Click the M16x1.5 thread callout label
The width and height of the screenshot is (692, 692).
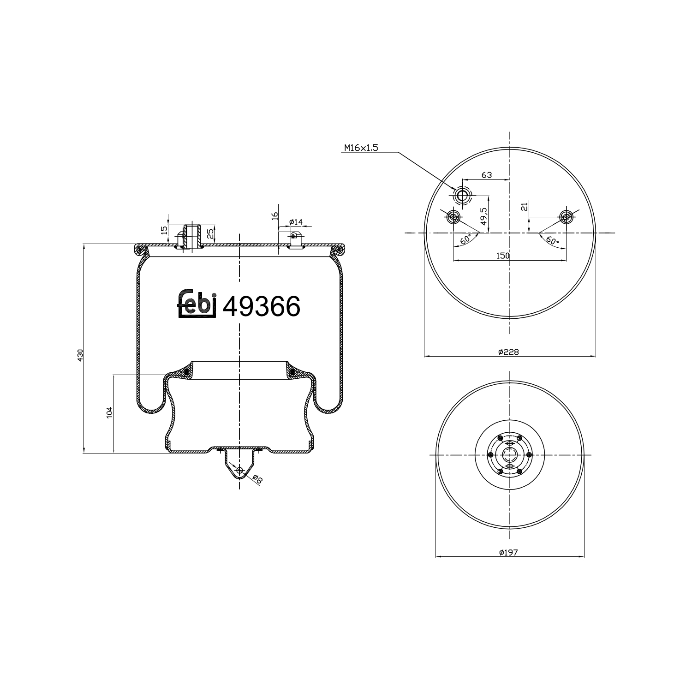coord(361,148)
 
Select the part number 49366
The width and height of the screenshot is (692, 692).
coord(261,306)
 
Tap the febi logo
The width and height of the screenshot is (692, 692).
coord(197,304)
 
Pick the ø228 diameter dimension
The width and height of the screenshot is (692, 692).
coord(508,352)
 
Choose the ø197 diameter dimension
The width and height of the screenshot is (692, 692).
coord(508,552)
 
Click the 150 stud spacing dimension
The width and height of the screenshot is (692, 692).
coord(503,256)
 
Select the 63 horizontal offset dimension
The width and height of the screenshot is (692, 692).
coord(487,175)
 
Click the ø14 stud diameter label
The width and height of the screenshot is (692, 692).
coord(295,222)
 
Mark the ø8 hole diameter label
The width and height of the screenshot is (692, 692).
coord(257,479)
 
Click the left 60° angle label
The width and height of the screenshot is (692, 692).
coord(466,239)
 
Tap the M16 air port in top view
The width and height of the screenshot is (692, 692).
coord(461,196)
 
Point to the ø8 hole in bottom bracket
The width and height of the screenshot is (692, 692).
coord(239,470)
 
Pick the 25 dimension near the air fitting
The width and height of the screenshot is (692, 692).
coord(210,233)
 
